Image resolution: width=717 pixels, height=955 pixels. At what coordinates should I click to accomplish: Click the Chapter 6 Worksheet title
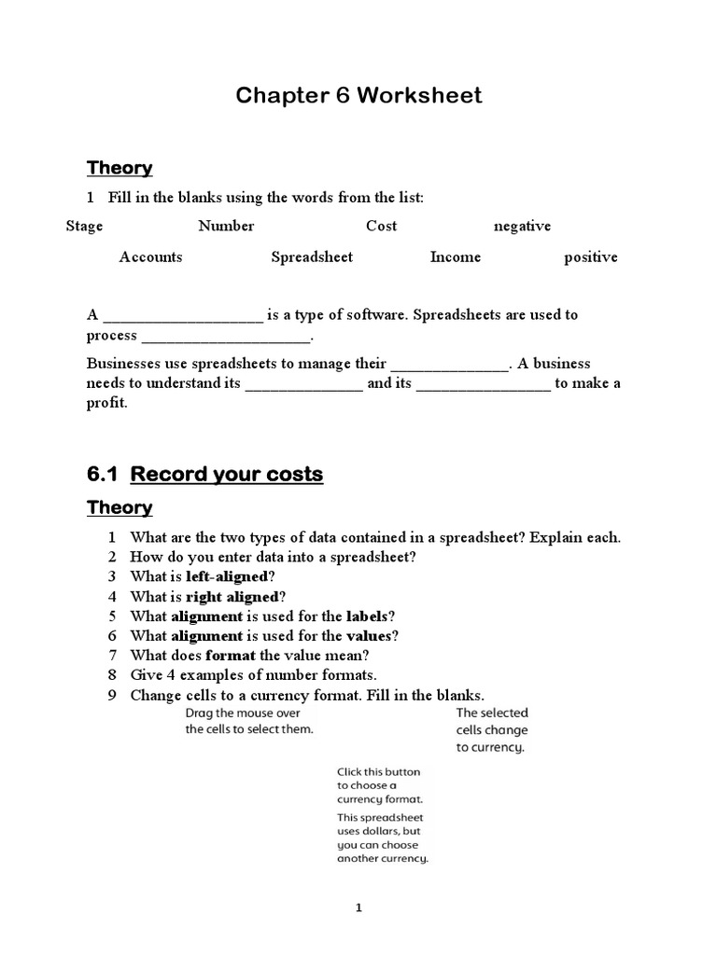coord(358,95)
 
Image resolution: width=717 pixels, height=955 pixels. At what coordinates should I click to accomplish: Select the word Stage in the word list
coord(84,226)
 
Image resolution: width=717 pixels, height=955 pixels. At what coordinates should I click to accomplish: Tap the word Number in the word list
coord(226,226)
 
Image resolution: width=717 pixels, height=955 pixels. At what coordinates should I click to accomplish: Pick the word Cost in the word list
coord(381,226)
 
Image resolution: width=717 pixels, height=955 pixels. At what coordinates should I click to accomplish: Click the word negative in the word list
coord(522,226)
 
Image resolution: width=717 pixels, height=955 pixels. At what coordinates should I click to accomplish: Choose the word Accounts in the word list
coord(150,256)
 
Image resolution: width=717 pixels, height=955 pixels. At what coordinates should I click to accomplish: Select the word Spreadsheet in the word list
coord(312,256)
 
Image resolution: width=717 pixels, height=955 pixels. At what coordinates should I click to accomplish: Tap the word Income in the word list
coord(455,256)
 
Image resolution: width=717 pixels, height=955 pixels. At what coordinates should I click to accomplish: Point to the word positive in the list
coord(590,257)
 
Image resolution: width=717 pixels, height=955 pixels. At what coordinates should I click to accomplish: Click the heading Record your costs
coord(227,474)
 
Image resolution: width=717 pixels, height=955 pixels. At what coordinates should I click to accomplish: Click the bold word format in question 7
coord(230,656)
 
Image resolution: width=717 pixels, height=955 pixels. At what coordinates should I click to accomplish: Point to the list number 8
coord(111,675)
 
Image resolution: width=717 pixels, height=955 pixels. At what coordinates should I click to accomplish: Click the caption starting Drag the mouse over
coord(249,721)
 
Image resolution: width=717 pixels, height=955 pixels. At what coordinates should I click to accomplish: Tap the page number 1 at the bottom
coord(358,907)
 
